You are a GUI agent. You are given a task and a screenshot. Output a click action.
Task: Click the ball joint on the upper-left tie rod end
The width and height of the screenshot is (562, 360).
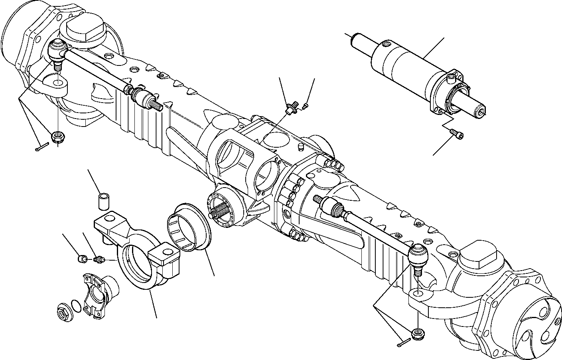coord(57,50)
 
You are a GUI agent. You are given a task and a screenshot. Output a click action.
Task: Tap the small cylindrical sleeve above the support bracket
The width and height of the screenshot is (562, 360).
coord(104,200)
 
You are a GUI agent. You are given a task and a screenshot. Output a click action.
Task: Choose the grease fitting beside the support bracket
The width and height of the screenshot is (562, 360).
coord(98,261)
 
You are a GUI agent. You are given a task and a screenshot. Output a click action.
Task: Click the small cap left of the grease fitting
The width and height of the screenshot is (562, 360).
coord(81,260)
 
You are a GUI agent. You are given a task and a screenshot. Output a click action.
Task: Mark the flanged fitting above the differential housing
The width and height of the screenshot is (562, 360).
coord(292,107)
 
